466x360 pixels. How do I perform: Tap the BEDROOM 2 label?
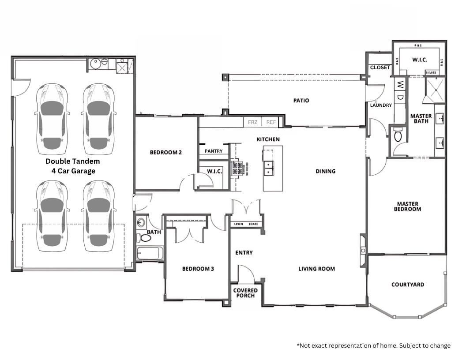(166, 153)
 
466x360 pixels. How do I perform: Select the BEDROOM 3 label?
(198, 268)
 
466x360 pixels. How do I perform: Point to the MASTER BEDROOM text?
(408, 206)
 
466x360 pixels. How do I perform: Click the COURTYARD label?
(408, 285)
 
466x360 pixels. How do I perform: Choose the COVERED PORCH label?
(245, 293)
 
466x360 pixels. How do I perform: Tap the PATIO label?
(301, 101)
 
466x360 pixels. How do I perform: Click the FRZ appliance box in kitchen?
(252, 122)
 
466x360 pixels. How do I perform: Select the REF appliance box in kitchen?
(271, 122)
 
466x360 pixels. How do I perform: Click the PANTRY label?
(214, 151)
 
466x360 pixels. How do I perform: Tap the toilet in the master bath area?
(398, 135)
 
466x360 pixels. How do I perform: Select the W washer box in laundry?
(400, 84)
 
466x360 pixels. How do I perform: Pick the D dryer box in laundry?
(400, 97)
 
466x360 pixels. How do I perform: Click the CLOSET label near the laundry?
(380, 67)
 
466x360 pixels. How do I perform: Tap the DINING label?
(326, 171)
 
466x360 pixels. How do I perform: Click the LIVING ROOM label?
(316, 269)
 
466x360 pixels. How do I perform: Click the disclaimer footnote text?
(373, 345)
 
